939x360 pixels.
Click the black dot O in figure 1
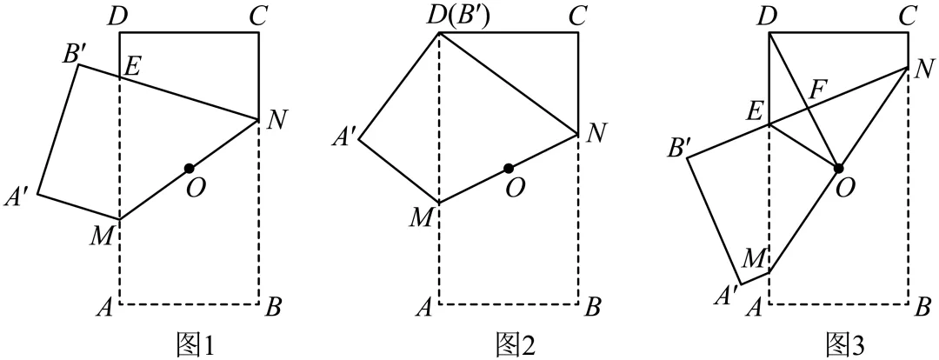pos(189,167)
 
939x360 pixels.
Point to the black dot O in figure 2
pos(509,168)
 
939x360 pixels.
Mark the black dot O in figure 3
pos(838,167)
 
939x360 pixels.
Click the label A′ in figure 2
pos(343,137)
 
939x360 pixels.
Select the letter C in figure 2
pos(577,15)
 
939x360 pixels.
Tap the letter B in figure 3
pos(924,306)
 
